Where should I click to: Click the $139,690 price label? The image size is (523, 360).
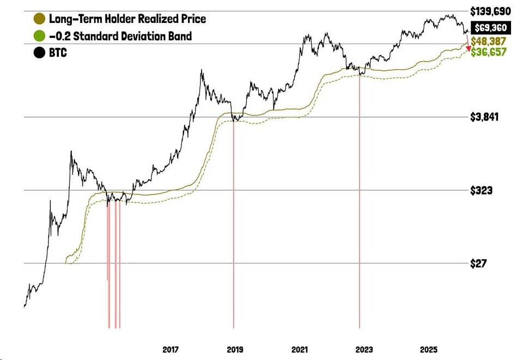(491, 10)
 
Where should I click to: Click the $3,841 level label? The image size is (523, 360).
(484, 117)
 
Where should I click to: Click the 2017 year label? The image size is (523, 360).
(171, 349)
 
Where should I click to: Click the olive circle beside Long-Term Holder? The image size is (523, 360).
(39, 19)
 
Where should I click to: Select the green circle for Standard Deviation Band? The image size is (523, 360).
(39, 37)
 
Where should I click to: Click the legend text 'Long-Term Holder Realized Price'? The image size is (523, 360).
(127, 19)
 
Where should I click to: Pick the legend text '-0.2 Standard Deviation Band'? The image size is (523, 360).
(120, 37)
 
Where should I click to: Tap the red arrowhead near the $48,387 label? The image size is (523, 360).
(469, 49)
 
